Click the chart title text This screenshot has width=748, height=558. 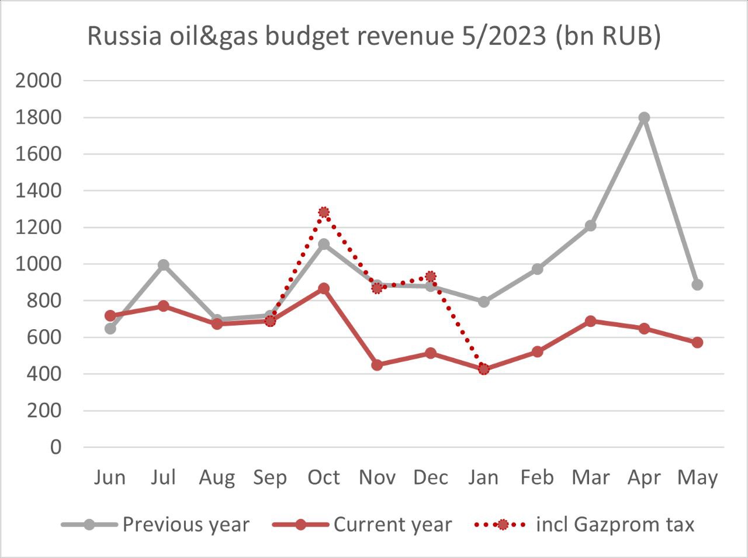[x=374, y=36]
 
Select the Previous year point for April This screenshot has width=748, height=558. [x=644, y=117]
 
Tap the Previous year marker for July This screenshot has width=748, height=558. [x=163, y=265]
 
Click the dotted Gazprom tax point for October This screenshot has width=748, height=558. [x=324, y=212]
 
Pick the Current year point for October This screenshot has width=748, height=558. [x=324, y=288]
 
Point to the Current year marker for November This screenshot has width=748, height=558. [x=377, y=365]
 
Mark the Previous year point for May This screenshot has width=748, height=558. [x=697, y=285]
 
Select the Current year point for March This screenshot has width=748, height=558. [x=590, y=321]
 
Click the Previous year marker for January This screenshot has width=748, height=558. [x=484, y=302]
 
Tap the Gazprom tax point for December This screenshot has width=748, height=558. [x=431, y=276]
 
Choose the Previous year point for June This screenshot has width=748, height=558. [x=110, y=329]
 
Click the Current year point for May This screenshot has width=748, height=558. [x=697, y=343]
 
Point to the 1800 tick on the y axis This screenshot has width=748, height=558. [x=39, y=117]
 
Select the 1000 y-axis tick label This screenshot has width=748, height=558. [x=39, y=264]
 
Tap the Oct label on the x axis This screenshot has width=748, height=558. [x=324, y=477]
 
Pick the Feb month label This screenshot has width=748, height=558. [x=537, y=477]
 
